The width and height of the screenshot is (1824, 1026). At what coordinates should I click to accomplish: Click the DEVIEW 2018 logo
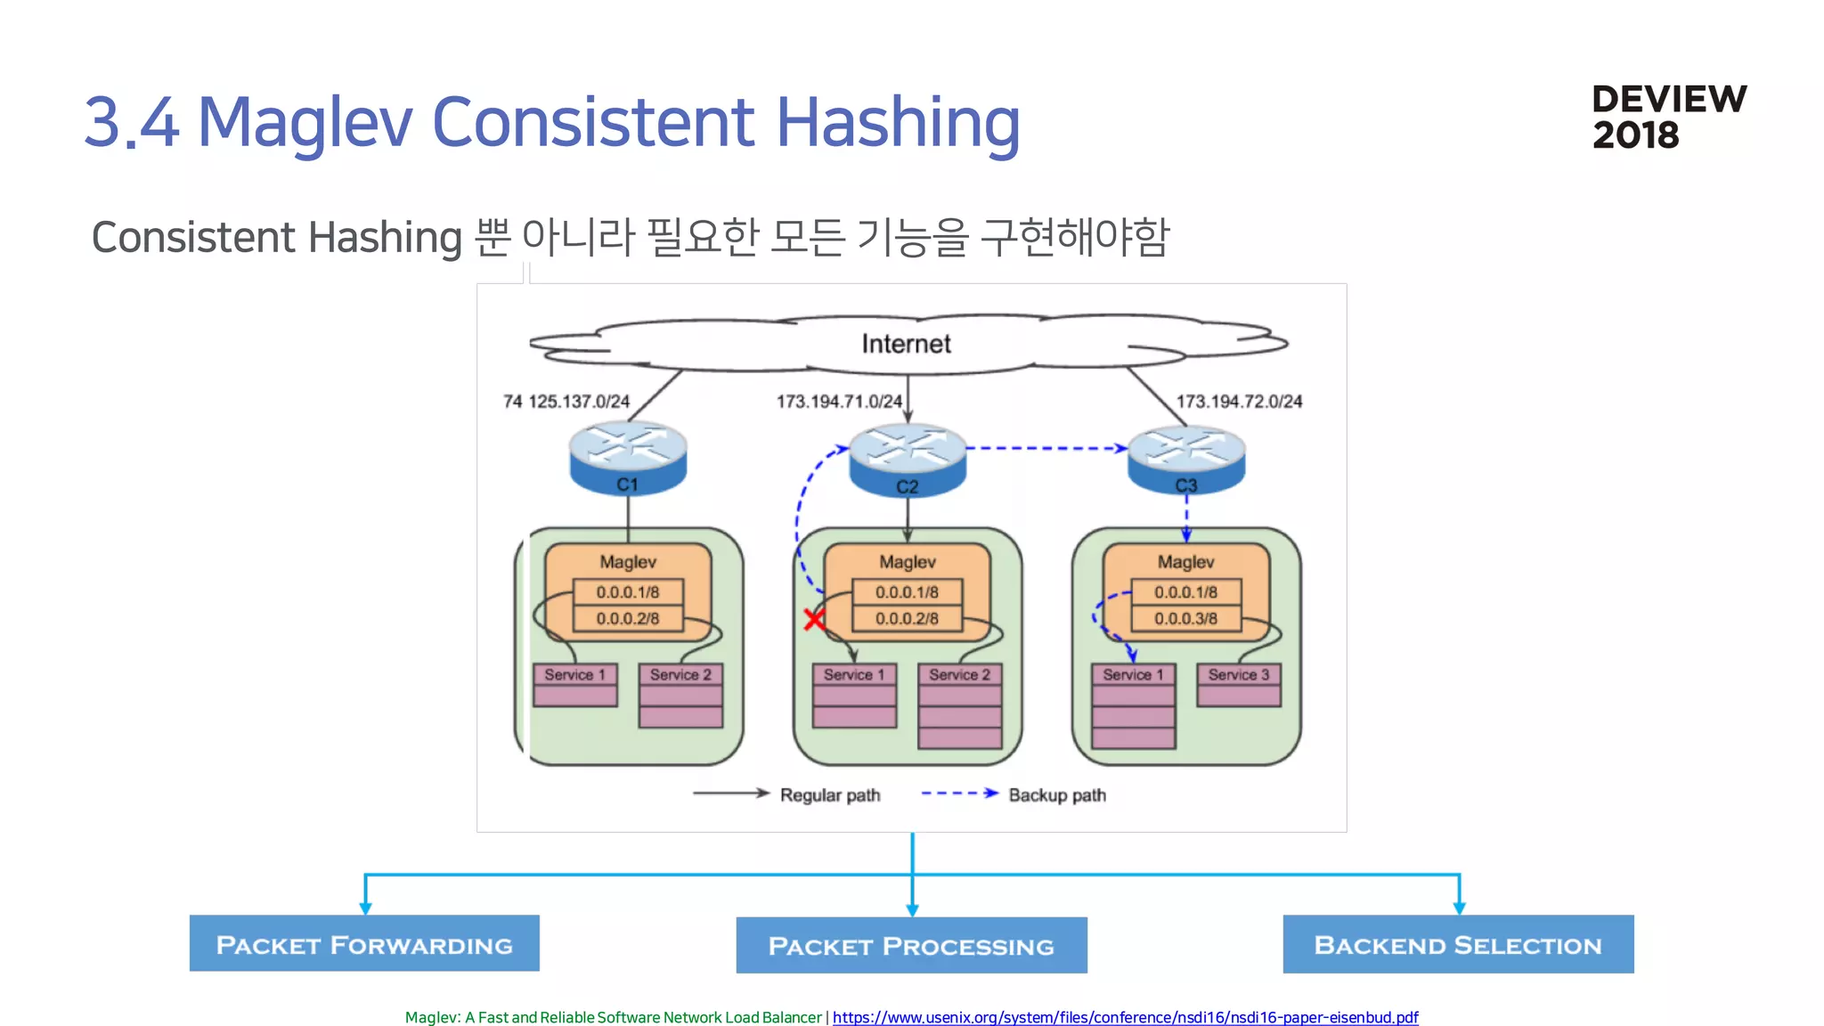1668,117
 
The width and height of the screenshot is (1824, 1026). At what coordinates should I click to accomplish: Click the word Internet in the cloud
906,344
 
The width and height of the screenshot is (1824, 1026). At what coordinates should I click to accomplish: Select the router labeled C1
628,458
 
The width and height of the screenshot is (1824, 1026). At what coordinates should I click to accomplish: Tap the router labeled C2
907,460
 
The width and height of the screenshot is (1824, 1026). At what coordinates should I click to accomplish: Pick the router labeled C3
1185,460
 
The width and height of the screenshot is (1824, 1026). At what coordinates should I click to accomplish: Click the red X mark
814,619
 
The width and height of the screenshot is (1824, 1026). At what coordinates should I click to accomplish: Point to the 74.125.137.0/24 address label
566,402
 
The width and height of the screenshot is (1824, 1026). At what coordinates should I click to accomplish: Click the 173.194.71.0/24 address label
839,402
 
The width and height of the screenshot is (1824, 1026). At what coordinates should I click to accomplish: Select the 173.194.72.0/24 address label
1239,402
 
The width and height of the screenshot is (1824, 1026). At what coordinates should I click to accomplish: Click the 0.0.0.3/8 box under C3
1185,618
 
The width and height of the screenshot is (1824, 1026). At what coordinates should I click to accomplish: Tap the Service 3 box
1238,675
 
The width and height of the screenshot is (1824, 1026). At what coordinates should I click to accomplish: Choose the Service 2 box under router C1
680,675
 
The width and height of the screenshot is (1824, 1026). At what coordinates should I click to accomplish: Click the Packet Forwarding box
364,944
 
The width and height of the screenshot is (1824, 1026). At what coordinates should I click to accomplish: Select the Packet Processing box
911,946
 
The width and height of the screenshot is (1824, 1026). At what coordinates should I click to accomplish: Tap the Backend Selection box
1458,944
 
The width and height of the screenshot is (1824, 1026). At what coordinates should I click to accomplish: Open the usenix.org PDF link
1125,1017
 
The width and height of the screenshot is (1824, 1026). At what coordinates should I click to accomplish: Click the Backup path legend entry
1056,794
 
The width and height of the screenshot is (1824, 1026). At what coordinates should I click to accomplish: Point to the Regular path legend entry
829,794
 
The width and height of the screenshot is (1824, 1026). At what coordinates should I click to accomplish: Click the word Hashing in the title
898,122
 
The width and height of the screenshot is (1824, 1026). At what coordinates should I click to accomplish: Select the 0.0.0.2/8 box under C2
907,618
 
